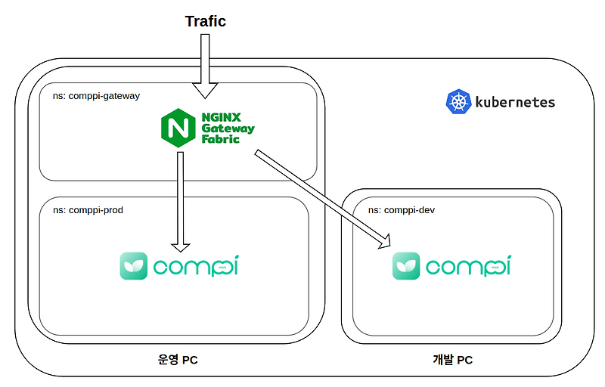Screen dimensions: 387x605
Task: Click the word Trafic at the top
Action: tap(206, 21)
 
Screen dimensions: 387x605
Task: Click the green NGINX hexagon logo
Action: tap(178, 128)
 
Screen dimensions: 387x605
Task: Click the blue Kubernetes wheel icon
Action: tap(458, 102)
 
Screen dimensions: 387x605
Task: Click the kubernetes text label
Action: tap(514, 102)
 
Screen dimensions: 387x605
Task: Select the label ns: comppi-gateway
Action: tap(96, 96)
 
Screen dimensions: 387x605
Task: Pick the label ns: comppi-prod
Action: tap(88, 209)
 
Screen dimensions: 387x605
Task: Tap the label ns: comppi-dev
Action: tap(401, 209)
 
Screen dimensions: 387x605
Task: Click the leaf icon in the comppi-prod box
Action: tap(134, 266)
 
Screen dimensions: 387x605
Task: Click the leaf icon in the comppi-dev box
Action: tap(406, 266)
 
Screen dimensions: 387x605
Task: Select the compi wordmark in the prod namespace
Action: tap(195, 266)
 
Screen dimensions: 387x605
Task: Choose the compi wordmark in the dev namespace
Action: tap(467, 266)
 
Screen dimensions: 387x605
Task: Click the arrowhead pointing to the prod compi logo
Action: tap(180, 246)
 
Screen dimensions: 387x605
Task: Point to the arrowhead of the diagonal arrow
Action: tap(383, 241)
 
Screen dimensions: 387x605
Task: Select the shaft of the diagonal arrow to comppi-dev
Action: tap(318, 196)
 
